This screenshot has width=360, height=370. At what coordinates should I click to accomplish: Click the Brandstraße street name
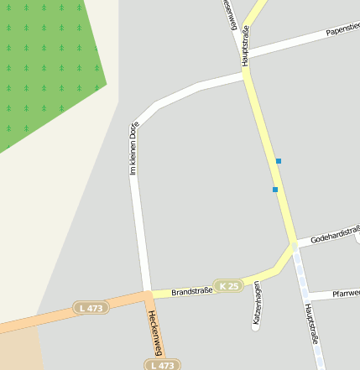coord(191,291)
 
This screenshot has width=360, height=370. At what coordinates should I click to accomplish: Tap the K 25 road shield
coord(227,286)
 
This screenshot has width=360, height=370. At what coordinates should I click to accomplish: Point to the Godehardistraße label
coord(334,237)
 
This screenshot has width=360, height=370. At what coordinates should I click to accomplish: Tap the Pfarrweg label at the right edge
coord(346,294)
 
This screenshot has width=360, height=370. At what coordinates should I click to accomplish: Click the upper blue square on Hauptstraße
coord(278,160)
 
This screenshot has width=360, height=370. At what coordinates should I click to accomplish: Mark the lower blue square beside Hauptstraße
coord(274,190)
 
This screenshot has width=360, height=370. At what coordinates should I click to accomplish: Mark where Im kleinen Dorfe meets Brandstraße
coord(147,294)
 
